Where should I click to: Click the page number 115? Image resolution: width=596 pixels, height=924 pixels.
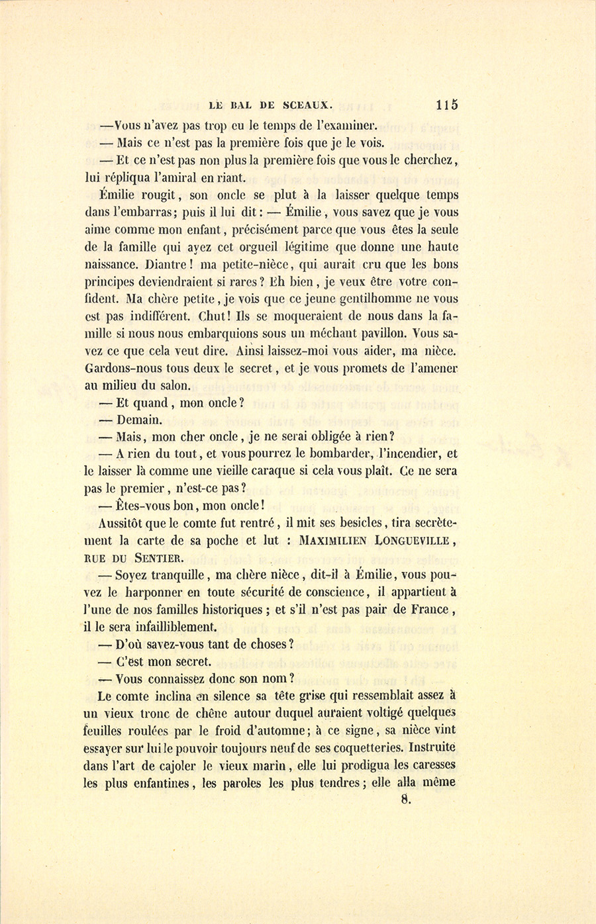447,105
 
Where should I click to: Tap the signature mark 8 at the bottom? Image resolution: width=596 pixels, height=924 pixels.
407,799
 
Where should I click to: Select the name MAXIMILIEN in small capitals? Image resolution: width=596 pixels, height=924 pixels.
334,540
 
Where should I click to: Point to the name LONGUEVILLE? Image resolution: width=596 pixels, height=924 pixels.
413,540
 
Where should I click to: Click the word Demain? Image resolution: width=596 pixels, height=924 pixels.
139,420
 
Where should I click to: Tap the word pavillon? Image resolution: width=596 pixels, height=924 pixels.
375,334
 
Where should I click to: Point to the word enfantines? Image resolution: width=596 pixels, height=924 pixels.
157,783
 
